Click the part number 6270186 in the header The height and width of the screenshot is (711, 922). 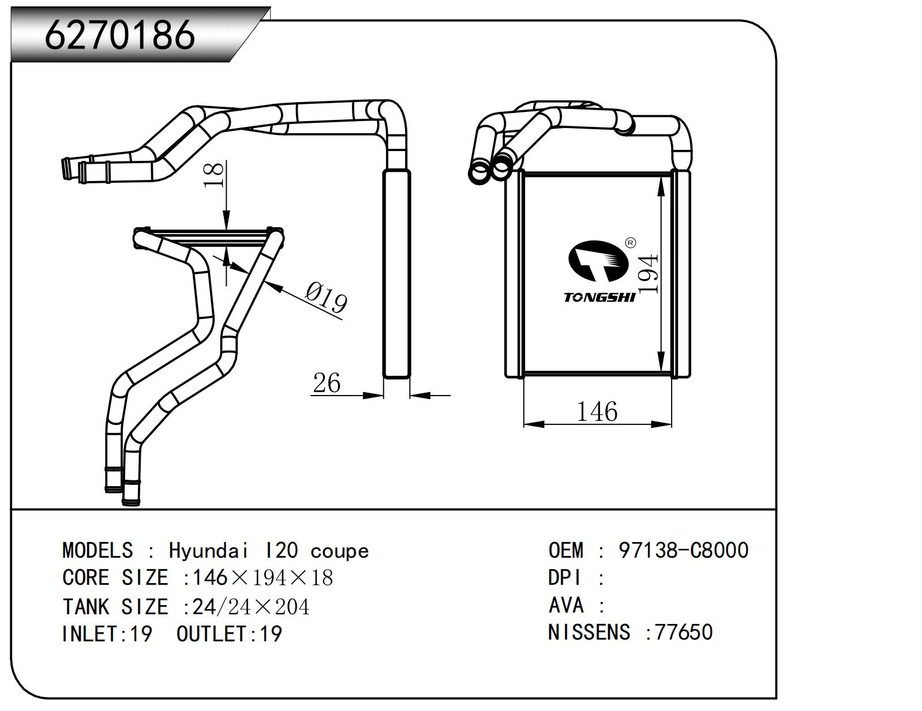[x=120, y=35]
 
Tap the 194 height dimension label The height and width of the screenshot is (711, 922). [x=649, y=273]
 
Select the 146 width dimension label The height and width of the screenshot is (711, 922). [x=597, y=412]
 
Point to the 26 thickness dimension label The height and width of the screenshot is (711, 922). [x=327, y=383]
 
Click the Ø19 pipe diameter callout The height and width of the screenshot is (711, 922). [x=326, y=298]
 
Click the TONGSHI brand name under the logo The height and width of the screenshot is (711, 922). [x=599, y=298]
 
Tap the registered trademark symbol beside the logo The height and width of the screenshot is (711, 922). [x=630, y=243]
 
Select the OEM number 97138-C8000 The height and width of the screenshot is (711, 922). [x=683, y=550]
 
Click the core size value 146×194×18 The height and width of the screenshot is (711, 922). [x=263, y=578]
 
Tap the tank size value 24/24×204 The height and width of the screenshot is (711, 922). [x=251, y=607]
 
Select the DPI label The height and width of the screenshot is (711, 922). [x=564, y=578]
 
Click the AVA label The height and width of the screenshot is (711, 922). [x=565, y=605]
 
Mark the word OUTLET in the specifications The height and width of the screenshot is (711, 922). [x=211, y=634]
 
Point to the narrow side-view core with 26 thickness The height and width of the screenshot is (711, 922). [x=396, y=274]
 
